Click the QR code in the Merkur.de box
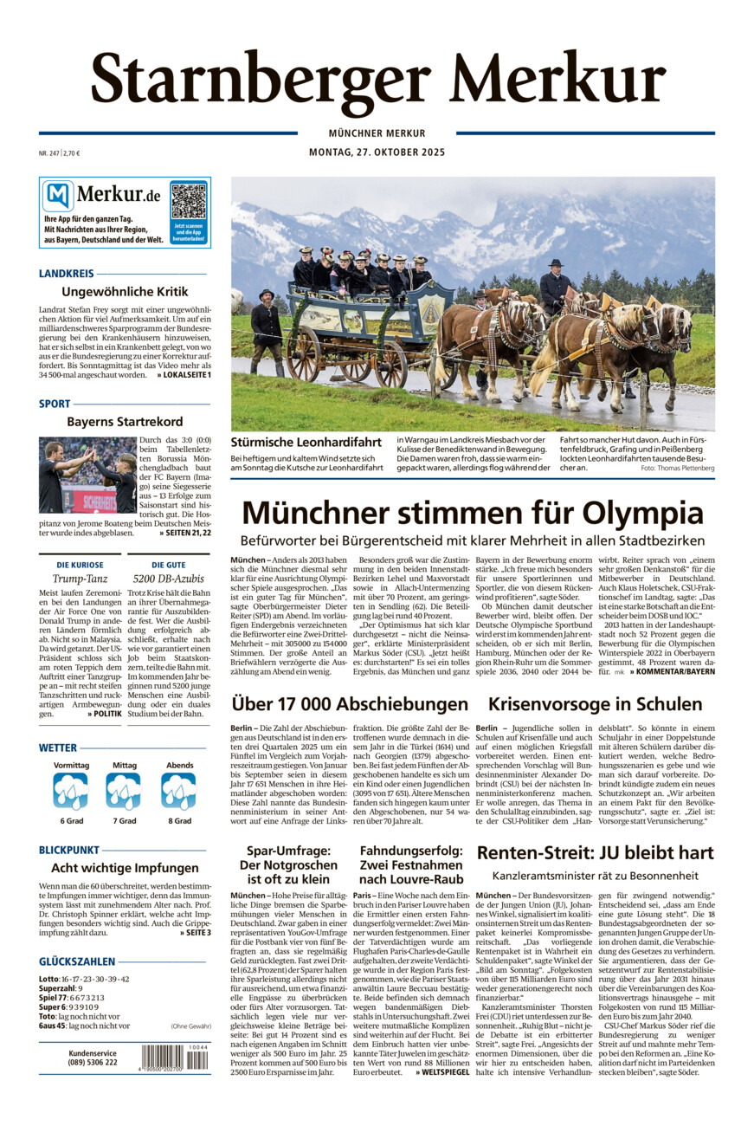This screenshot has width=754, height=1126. pyautogui.click(x=189, y=201)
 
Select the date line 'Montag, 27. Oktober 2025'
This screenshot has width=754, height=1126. pyautogui.click(x=377, y=152)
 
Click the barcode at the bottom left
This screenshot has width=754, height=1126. pyautogui.click(x=175, y=1058)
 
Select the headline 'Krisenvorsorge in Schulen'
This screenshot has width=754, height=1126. pyautogui.click(x=595, y=704)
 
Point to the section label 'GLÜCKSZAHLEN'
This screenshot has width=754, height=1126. pyautogui.click(x=77, y=961)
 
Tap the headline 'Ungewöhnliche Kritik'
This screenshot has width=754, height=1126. pyautogui.click(x=125, y=292)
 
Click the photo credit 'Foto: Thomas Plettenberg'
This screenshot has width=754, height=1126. pyautogui.click(x=678, y=468)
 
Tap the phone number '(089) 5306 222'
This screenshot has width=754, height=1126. pyautogui.click(x=93, y=1063)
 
